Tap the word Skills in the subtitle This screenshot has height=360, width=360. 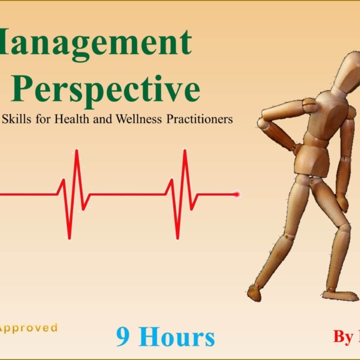pos(19,119)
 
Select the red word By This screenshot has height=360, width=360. pos(343,337)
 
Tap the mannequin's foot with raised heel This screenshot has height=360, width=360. pos(255,293)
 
